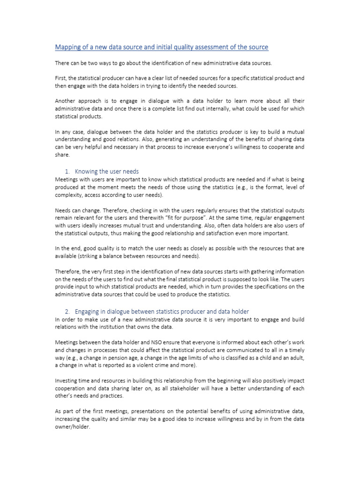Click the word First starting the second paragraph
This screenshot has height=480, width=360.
point(61,78)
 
